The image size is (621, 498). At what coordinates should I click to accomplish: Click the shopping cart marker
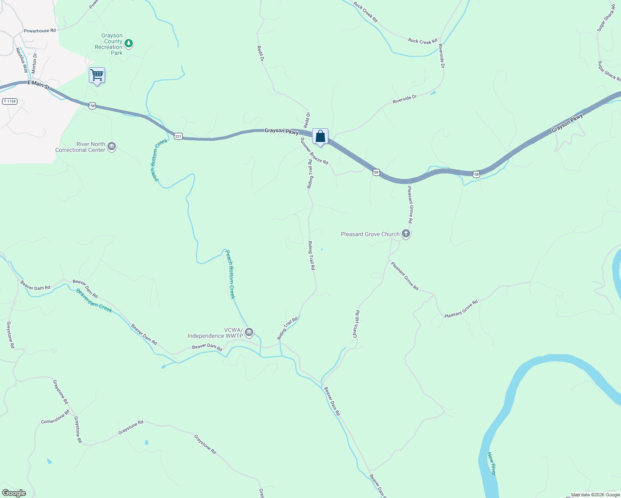point(97,76)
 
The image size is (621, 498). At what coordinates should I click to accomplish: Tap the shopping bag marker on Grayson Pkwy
point(320,136)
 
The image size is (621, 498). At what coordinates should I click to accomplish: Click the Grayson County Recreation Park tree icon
point(129,43)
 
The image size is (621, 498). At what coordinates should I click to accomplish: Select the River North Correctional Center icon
point(112,146)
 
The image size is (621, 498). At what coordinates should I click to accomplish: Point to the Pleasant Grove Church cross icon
point(406,234)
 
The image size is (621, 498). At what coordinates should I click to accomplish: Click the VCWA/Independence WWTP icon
point(249,332)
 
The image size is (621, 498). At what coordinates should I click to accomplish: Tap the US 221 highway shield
point(178,136)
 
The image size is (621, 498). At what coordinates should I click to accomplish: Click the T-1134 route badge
point(10,101)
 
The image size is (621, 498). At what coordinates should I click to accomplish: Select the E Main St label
point(38,85)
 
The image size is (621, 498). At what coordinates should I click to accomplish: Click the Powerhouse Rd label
point(39,31)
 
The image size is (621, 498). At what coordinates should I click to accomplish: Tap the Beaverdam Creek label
point(94,300)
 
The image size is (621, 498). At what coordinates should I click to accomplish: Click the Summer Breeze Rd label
point(314,151)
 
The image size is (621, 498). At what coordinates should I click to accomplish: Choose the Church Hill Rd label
point(356,324)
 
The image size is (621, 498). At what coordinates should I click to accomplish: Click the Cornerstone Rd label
point(55,417)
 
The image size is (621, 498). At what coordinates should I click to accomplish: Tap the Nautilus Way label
point(22,60)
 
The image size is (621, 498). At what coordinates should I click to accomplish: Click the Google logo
point(14,493)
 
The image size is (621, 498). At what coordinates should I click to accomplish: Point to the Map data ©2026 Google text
point(595,495)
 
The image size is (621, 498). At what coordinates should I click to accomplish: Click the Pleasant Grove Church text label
point(370,234)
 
